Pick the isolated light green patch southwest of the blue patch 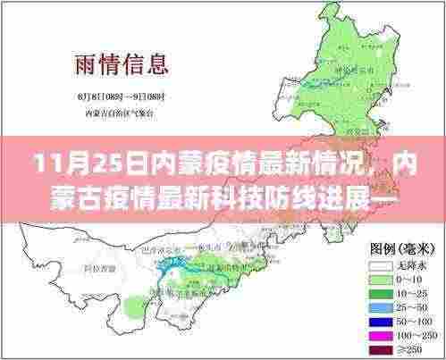click(134, 308)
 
